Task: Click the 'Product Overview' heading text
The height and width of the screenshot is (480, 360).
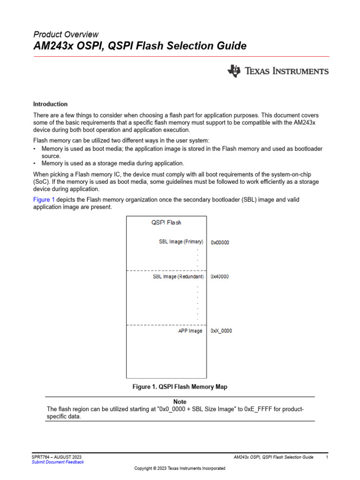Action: [x=66, y=34]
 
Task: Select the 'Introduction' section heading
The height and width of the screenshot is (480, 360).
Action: [x=50, y=104]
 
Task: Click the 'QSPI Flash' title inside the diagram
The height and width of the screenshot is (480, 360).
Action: [x=166, y=223]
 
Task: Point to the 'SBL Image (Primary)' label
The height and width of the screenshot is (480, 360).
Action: [x=181, y=242]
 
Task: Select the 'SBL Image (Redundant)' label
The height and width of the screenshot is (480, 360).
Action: [x=178, y=277]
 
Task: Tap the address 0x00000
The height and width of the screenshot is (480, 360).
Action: [x=220, y=242]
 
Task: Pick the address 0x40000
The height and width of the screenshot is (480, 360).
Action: [x=220, y=277]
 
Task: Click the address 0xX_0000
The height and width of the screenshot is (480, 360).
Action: [x=221, y=331]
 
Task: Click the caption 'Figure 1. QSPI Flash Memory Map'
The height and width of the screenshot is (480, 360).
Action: [x=180, y=387]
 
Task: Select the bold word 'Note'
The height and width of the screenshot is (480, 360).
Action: [x=180, y=402]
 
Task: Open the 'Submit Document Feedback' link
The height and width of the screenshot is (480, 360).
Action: [x=58, y=462]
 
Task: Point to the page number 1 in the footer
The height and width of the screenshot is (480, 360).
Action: [x=327, y=457]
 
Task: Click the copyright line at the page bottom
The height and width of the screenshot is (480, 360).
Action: [x=180, y=468]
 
